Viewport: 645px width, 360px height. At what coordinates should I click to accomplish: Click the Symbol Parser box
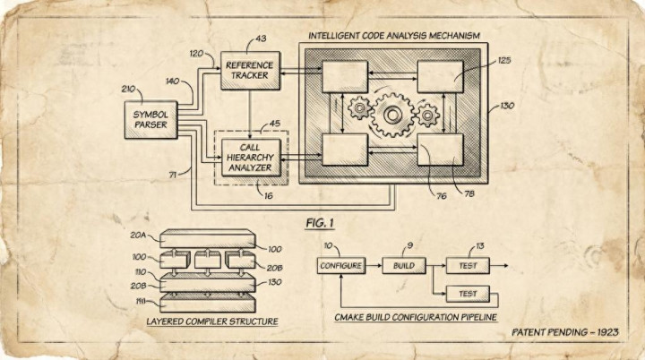150,120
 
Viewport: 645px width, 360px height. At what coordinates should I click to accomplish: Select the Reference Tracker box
250,70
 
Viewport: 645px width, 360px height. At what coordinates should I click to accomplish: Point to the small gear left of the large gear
359,108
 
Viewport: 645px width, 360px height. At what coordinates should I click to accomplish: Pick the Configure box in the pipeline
340,266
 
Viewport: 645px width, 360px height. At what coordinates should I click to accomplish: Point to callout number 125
503,60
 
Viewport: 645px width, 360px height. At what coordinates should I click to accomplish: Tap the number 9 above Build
409,245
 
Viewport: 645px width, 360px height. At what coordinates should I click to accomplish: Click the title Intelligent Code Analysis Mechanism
393,36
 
